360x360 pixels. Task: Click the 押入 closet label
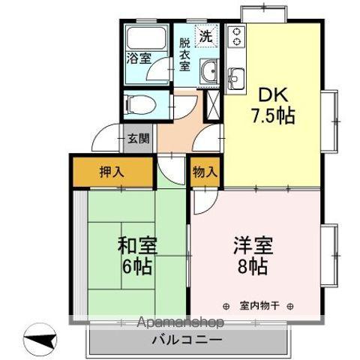(x=112, y=172)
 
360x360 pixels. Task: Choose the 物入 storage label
(x=205, y=172)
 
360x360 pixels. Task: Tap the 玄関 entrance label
(x=137, y=138)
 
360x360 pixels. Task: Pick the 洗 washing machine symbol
(x=205, y=35)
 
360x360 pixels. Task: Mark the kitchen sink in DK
(x=236, y=76)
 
